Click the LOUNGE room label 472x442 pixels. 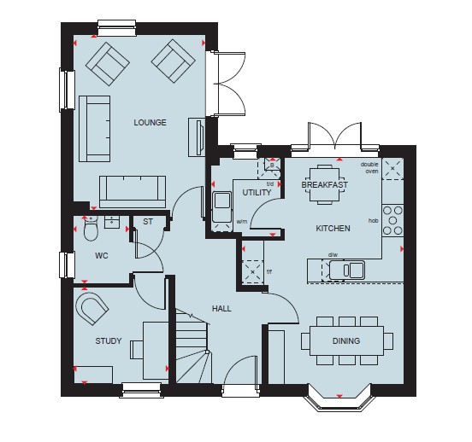150,122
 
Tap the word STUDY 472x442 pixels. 109,340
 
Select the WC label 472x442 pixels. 102,256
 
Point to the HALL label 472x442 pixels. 221,308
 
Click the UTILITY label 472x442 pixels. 257,192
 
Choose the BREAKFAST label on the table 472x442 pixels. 325,184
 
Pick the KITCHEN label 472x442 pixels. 333,229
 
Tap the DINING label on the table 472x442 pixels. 346,340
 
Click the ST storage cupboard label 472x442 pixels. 148,222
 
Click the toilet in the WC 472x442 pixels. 91,228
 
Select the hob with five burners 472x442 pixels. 392,220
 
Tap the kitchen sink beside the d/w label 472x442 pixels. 347,270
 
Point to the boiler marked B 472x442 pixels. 272,165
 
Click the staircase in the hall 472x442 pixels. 192,347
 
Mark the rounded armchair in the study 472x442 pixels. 91,309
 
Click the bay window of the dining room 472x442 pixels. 339,398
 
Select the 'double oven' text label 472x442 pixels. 369,167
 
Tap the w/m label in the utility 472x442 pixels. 242,222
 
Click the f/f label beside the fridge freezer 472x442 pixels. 269,272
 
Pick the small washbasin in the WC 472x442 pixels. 112,222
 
